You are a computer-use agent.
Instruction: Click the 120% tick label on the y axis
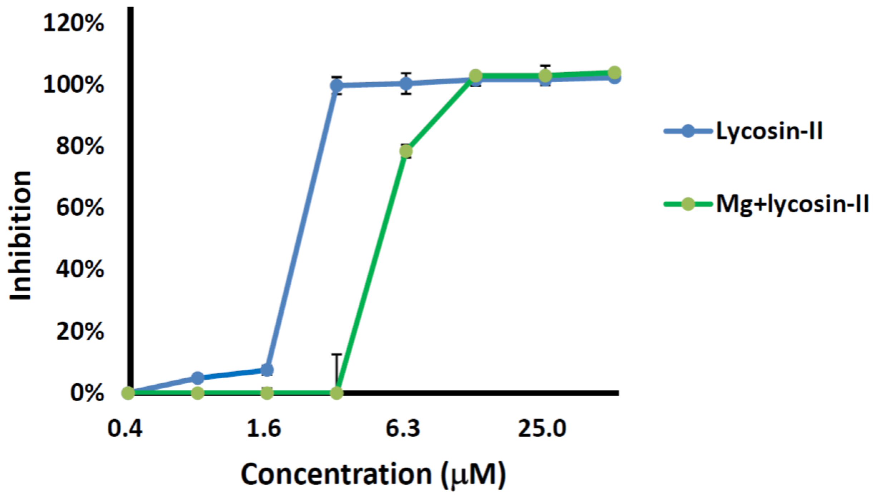click(x=73, y=24)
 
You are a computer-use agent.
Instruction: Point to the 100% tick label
click(x=73, y=85)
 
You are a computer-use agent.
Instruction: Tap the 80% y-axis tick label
click(x=80, y=146)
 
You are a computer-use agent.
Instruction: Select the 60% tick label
click(x=80, y=207)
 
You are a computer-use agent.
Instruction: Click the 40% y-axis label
click(x=80, y=269)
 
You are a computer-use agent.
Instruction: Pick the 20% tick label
click(x=80, y=331)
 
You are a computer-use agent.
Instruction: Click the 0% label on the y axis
click(x=87, y=393)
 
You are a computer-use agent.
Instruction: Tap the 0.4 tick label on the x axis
click(x=125, y=428)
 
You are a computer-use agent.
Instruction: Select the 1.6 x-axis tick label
click(x=264, y=428)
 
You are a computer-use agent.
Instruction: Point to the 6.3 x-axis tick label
click(x=403, y=428)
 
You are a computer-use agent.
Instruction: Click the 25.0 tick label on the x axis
click(x=542, y=428)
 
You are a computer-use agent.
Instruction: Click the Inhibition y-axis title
click(x=20, y=236)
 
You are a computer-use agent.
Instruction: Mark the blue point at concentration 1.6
click(x=267, y=370)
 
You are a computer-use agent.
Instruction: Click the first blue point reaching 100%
click(x=336, y=85)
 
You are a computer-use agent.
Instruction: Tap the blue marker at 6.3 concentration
click(x=406, y=83)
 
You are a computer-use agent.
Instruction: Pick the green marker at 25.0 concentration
click(x=545, y=76)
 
